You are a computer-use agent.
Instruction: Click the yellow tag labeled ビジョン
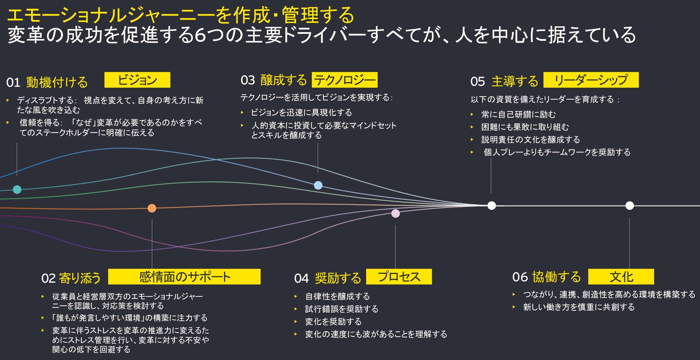(x=137, y=80)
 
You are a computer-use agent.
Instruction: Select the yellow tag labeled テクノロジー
(x=345, y=80)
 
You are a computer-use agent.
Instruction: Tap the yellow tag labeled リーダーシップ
(x=591, y=80)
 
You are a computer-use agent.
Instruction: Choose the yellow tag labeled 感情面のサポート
(x=184, y=277)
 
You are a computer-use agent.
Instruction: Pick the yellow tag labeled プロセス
(x=399, y=277)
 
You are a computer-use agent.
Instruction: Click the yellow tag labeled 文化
(x=621, y=277)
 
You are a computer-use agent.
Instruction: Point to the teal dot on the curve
(x=17, y=190)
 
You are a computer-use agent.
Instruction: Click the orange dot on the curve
(x=152, y=208)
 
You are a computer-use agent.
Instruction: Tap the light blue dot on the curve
(x=318, y=185)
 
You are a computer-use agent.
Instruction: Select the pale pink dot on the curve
(x=395, y=213)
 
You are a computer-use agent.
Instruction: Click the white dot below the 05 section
(x=492, y=205)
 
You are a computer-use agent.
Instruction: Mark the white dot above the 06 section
(x=630, y=205)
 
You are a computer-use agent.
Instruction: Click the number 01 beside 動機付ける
(x=13, y=83)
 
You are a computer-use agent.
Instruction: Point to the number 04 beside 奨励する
(x=301, y=278)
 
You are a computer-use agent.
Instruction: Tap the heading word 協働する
(x=556, y=277)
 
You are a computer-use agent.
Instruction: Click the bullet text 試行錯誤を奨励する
(x=342, y=309)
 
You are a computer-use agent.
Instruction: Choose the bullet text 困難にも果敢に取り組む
(x=525, y=127)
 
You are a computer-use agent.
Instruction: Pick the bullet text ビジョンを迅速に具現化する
(x=301, y=112)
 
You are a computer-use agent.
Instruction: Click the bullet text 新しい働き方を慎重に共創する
(x=579, y=307)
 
